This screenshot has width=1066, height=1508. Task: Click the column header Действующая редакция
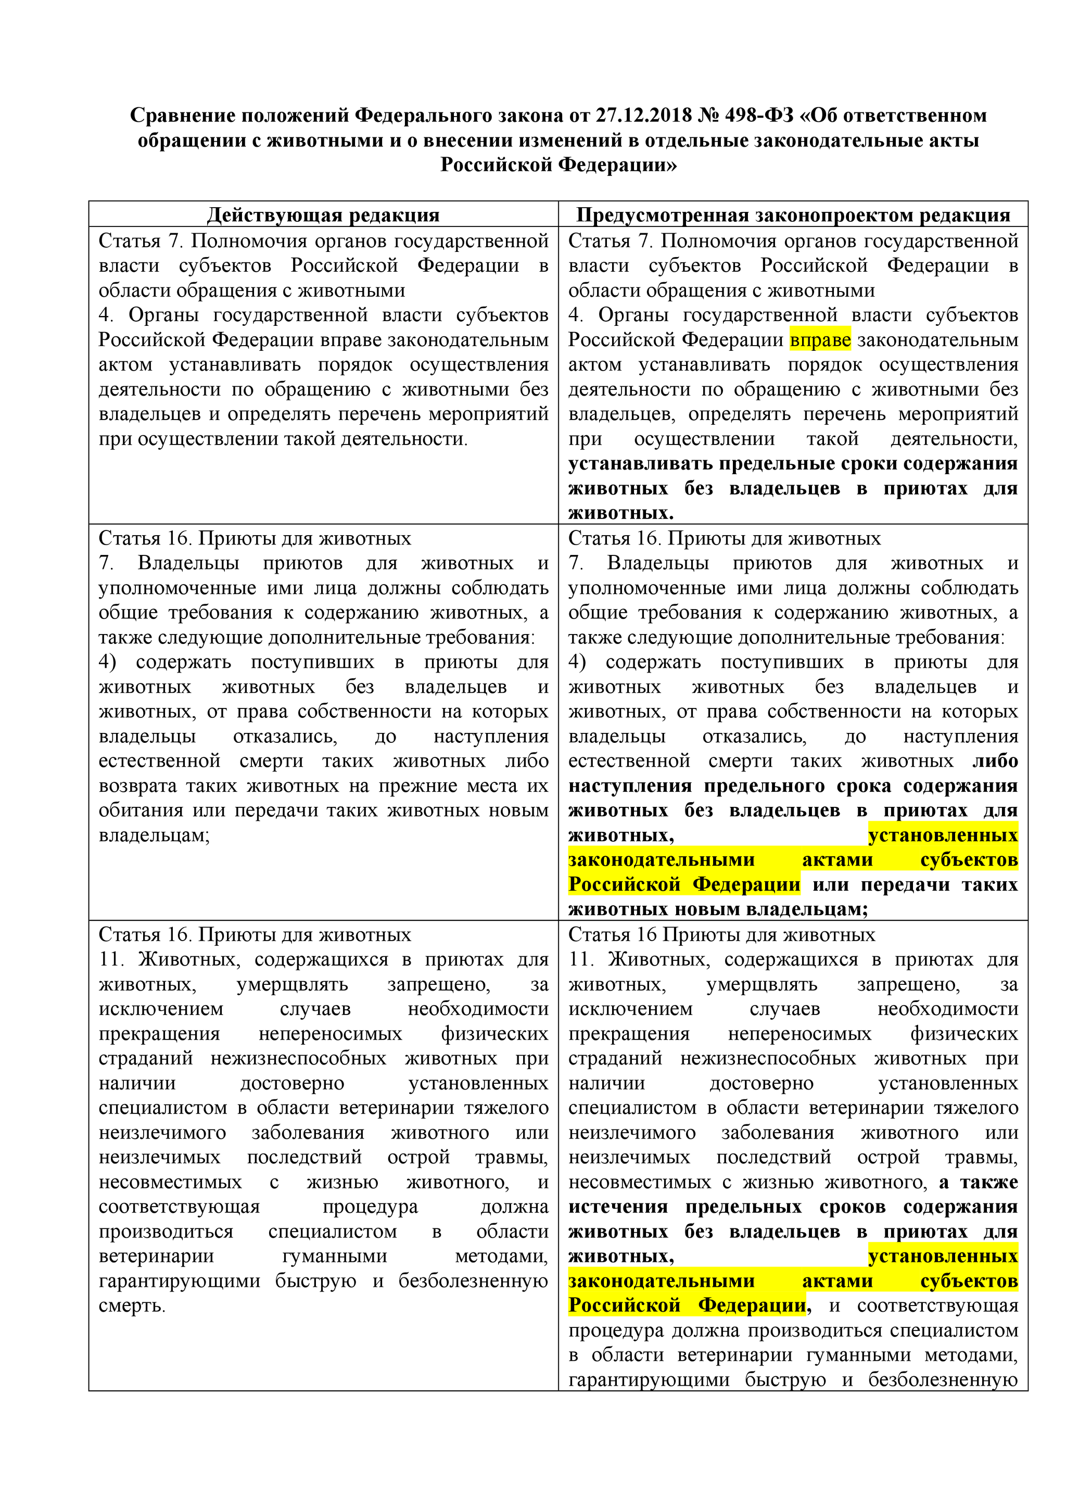click(x=323, y=215)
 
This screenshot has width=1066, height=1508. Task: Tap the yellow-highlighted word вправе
click(x=820, y=340)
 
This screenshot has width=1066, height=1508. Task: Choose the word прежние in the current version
click(x=412, y=785)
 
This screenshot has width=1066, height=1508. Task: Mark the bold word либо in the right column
click(x=995, y=761)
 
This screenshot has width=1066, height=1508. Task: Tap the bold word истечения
click(x=617, y=1207)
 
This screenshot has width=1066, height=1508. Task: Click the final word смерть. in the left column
click(x=132, y=1306)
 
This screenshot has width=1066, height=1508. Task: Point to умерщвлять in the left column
click(x=293, y=984)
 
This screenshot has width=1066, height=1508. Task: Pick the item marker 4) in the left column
click(x=108, y=662)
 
